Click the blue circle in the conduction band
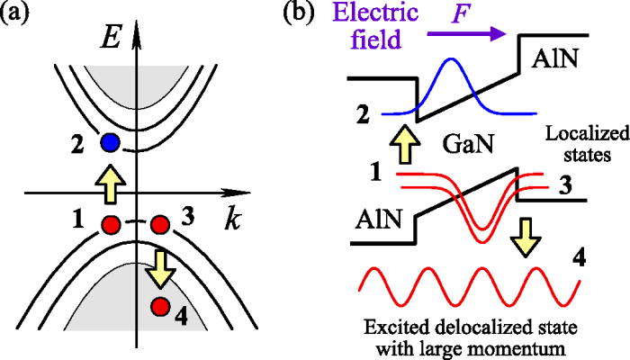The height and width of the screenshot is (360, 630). [x=111, y=141]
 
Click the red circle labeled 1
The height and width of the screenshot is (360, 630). [x=112, y=223]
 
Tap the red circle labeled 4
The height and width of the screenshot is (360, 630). [x=160, y=307]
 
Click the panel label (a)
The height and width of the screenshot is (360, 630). [x=21, y=15]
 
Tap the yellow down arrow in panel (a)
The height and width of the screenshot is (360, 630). [x=160, y=265]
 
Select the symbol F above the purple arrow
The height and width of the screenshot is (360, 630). [x=481, y=14]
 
